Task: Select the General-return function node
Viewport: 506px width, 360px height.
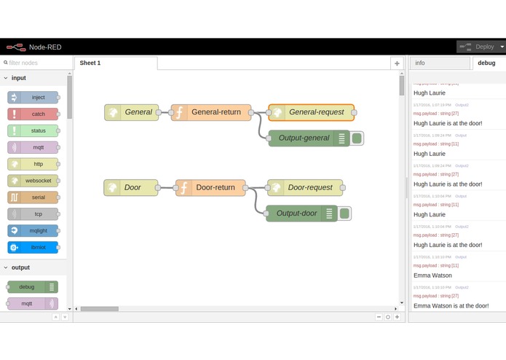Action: (212, 112)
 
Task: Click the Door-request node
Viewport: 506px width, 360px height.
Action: (305, 187)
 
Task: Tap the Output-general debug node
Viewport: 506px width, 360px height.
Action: (304, 138)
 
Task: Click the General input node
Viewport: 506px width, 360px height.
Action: (132, 112)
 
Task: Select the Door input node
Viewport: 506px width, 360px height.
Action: (131, 187)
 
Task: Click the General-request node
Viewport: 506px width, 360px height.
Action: (312, 112)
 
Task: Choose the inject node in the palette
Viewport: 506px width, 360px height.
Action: (33, 97)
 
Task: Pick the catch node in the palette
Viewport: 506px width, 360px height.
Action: (33, 114)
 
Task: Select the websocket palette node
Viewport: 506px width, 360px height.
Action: (33, 181)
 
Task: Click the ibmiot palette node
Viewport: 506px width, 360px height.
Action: (33, 247)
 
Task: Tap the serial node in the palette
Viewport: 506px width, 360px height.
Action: (33, 197)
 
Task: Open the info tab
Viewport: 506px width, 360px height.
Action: (439, 63)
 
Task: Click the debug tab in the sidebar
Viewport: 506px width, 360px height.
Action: (486, 63)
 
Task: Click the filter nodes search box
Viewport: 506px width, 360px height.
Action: (36, 63)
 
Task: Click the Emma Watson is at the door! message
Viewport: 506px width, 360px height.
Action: (451, 305)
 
